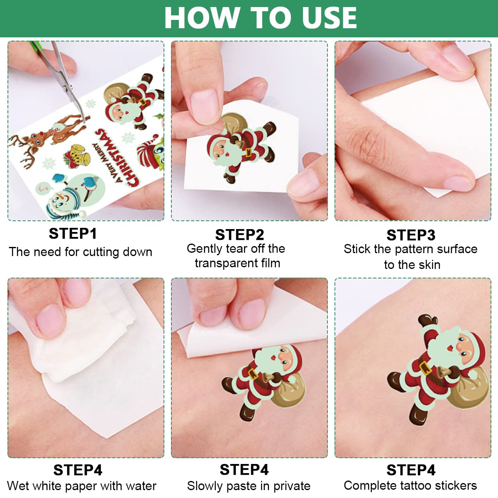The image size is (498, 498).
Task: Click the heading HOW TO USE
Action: (x=260, y=18)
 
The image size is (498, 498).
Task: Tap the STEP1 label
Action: (x=73, y=234)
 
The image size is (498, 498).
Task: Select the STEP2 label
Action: (x=239, y=235)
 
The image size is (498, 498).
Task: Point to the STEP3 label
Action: (x=411, y=235)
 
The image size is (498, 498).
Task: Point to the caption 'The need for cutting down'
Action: (x=81, y=252)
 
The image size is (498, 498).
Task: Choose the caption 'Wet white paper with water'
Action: (x=82, y=486)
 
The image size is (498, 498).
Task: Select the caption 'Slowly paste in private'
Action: (x=249, y=486)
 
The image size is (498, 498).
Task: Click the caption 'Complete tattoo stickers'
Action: (x=410, y=486)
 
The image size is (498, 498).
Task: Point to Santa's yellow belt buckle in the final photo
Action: (x=425, y=367)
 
